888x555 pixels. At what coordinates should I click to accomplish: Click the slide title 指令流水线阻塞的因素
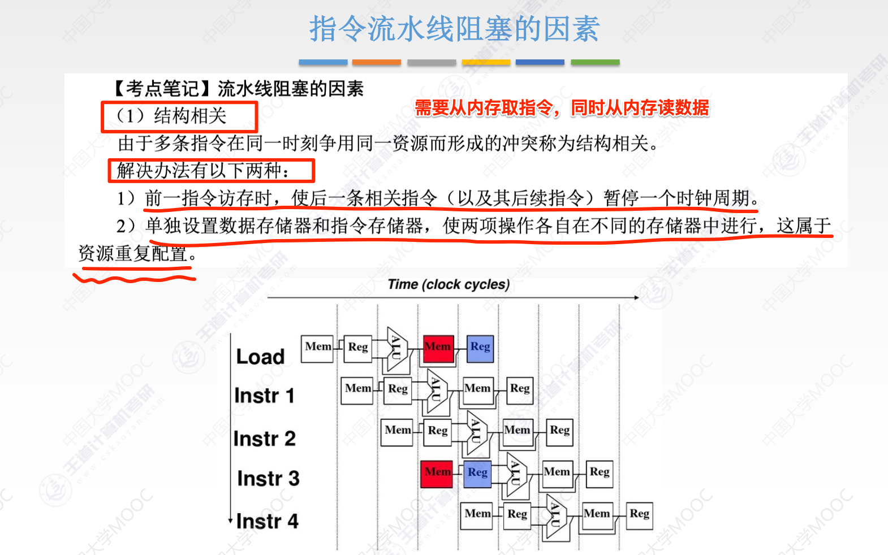pyautogui.click(x=454, y=29)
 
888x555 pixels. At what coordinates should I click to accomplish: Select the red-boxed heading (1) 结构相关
pyautogui.click(x=179, y=116)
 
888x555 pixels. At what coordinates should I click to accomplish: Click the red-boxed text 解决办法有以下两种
pyautogui.click(x=210, y=171)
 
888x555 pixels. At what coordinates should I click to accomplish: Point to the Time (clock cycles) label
pyautogui.click(x=449, y=284)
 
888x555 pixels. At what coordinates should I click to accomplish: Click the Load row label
pyautogui.click(x=260, y=357)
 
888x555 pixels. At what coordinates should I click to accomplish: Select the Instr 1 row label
pyautogui.click(x=264, y=396)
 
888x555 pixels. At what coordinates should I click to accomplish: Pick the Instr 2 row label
pyautogui.click(x=264, y=439)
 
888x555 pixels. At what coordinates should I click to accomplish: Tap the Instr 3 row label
pyautogui.click(x=268, y=479)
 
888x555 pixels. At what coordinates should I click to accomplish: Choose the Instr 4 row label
pyautogui.click(x=267, y=521)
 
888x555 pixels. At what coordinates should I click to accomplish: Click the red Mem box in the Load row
pyautogui.click(x=438, y=347)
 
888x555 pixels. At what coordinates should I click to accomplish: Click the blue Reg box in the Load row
pyautogui.click(x=480, y=347)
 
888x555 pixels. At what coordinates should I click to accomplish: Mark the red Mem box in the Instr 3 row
pyautogui.click(x=437, y=472)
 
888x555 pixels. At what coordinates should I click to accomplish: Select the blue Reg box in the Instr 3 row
pyautogui.click(x=477, y=473)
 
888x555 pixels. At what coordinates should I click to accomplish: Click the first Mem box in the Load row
pyautogui.click(x=318, y=347)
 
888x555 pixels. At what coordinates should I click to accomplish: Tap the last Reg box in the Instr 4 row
pyautogui.click(x=640, y=514)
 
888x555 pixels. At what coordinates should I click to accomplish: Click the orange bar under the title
pyautogui.click(x=376, y=62)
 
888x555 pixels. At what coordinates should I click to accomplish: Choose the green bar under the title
pyautogui.click(x=595, y=62)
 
